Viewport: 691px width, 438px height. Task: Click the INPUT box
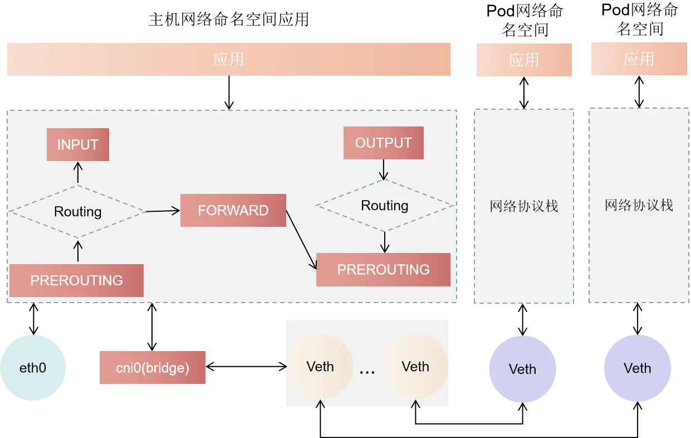coord(77,145)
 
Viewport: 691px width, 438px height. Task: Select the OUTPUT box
coord(384,143)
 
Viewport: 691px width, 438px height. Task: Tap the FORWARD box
coord(233,211)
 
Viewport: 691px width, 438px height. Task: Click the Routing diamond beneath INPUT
coord(77,212)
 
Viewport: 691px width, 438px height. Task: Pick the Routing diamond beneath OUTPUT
coord(385,206)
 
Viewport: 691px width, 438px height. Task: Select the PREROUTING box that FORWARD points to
coord(383,270)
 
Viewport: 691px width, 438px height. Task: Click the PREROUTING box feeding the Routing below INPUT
coord(76,280)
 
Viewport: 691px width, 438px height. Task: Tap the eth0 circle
coord(33,368)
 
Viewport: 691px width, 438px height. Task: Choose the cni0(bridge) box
coord(153,368)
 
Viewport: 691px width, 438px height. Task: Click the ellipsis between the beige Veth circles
coord(367,370)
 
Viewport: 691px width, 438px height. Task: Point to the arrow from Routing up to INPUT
coord(78,173)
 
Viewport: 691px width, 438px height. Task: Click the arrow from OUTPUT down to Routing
coord(384,169)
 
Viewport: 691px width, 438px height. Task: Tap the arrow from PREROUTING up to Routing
coord(78,251)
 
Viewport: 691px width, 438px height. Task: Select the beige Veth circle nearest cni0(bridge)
coord(320,367)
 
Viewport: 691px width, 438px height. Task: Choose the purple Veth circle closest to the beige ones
coord(522,369)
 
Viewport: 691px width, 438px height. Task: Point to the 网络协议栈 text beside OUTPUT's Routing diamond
coord(523,206)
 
